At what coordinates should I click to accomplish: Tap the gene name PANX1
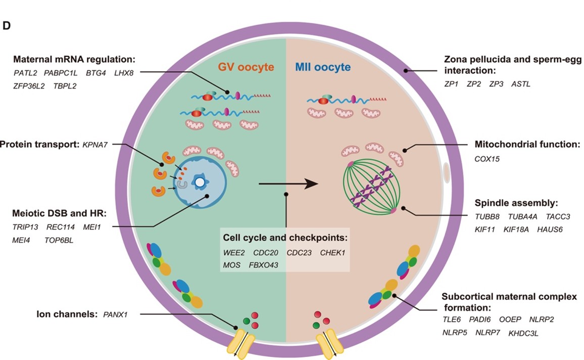[115, 314]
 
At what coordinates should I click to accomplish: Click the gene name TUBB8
[486, 217]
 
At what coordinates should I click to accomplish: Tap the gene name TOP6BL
[59, 240]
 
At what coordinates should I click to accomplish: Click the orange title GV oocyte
[246, 67]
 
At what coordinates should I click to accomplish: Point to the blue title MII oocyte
[323, 67]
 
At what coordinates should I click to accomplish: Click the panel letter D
[7, 26]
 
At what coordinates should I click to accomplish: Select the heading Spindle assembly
[516, 203]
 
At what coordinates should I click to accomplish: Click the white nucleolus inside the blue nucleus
[201, 182]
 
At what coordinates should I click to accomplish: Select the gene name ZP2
[473, 84]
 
